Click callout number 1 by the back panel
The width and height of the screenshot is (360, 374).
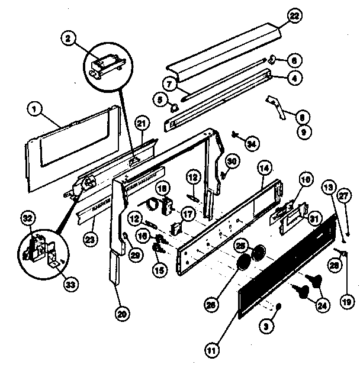tap(36, 108)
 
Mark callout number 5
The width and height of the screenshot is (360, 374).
tap(160, 98)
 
